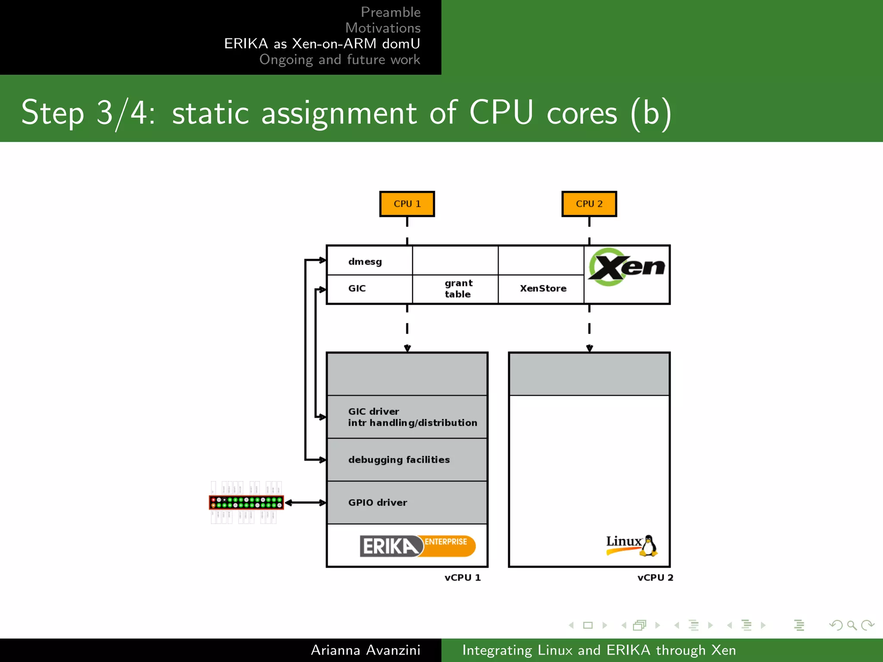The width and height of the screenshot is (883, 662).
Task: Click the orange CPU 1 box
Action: point(407,204)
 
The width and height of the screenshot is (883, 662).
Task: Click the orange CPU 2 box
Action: point(589,204)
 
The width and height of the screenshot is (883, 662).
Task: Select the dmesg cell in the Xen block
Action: point(369,261)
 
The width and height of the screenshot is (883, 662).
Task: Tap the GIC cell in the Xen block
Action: point(369,289)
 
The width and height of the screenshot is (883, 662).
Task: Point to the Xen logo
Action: point(626,267)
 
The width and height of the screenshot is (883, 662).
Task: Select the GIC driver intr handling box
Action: point(407,417)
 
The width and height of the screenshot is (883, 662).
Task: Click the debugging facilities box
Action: point(407,460)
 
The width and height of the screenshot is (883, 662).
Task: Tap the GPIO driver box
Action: point(407,503)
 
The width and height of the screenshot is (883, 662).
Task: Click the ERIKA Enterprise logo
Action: point(417,546)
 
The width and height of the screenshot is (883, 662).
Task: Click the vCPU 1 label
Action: point(462,578)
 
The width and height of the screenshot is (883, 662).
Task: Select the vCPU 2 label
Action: point(655,578)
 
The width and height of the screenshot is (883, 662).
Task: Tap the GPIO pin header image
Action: point(246,503)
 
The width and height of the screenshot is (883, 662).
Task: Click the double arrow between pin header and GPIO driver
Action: point(305,503)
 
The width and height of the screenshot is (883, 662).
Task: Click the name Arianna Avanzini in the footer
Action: point(365,650)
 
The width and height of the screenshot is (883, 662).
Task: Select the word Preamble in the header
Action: point(390,12)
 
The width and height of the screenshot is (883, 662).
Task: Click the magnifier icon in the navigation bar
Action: point(852,625)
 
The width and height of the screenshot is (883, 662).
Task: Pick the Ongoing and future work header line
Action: point(339,59)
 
